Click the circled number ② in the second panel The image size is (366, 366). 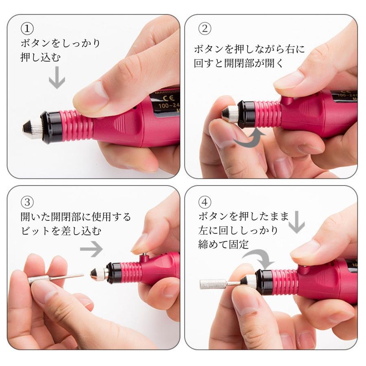click(204, 28)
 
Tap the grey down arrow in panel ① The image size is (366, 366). click(57, 77)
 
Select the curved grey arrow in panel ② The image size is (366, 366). click(248, 138)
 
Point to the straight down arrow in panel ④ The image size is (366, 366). click(298, 222)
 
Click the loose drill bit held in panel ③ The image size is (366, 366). click(53, 279)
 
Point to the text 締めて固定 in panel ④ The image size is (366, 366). click(224, 244)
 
